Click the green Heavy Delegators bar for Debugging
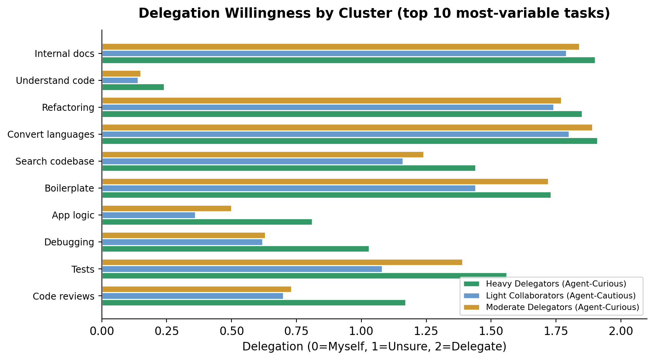[x=235, y=249]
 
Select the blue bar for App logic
[x=148, y=215]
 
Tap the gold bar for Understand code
[x=121, y=73]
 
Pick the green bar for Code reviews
[x=254, y=303]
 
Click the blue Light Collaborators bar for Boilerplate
[x=288, y=188]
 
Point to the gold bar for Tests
[x=282, y=262]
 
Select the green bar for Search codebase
[x=288, y=168]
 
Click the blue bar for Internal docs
[x=334, y=53]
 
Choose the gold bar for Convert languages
[x=347, y=127]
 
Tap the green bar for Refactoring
[x=342, y=114]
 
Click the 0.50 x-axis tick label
[x=231, y=331]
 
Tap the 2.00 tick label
[x=621, y=331]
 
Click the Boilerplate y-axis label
[x=69, y=188]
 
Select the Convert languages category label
[x=51, y=135]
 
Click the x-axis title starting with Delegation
[x=374, y=347]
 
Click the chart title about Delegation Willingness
[x=374, y=13]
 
